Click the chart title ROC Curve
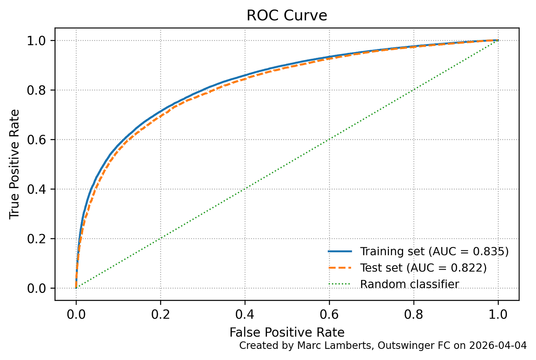(x=287, y=16)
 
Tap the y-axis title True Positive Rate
(x=15, y=164)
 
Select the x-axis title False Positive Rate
(x=287, y=332)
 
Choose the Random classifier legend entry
(x=409, y=284)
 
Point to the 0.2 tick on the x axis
(x=160, y=314)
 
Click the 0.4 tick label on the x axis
(x=245, y=314)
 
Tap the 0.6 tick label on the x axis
(x=329, y=314)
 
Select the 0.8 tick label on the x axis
(x=414, y=314)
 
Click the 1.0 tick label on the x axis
(x=498, y=314)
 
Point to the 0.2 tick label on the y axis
(x=36, y=239)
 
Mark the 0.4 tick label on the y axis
(x=36, y=189)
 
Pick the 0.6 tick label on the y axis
(x=36, y=140)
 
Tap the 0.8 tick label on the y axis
(x=36, y=90)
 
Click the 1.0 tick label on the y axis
(x=36, y=41)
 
